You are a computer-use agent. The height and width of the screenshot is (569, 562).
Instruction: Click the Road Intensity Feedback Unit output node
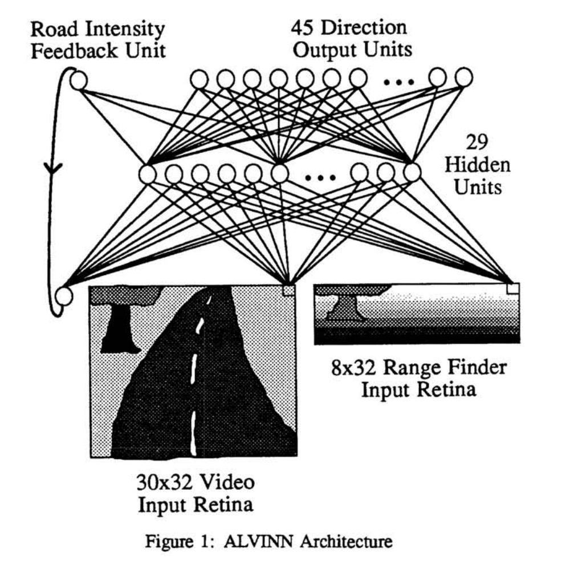click(79, 80)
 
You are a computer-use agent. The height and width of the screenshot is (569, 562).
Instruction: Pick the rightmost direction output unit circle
click(463, 77)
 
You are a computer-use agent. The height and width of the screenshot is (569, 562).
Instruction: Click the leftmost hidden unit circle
click(146, 174)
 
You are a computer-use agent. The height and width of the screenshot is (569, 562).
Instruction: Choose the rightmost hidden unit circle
click(412, 171)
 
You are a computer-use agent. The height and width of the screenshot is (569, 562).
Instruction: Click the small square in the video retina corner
click(288, 290)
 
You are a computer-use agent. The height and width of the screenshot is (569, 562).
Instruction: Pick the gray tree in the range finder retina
click(342, 308)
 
